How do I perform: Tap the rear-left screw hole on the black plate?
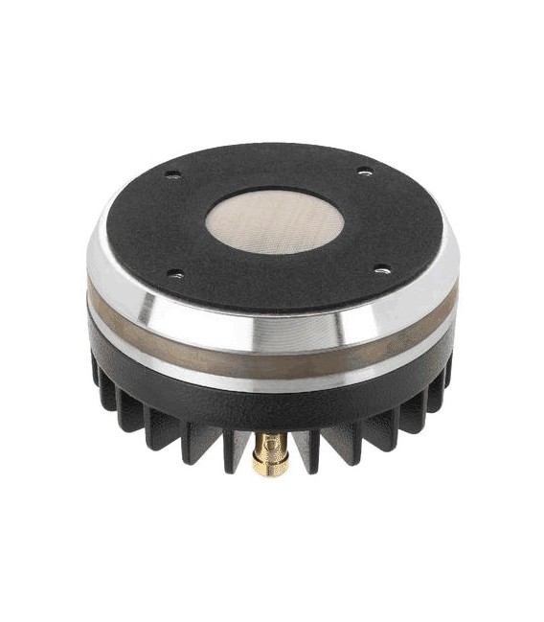tap(172, 174)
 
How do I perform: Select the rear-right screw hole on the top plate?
tap(364, 172)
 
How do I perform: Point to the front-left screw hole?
tap(174, 274)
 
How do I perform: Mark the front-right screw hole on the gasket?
tap(381, 269)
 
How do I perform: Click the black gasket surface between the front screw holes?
tap(278, 283)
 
